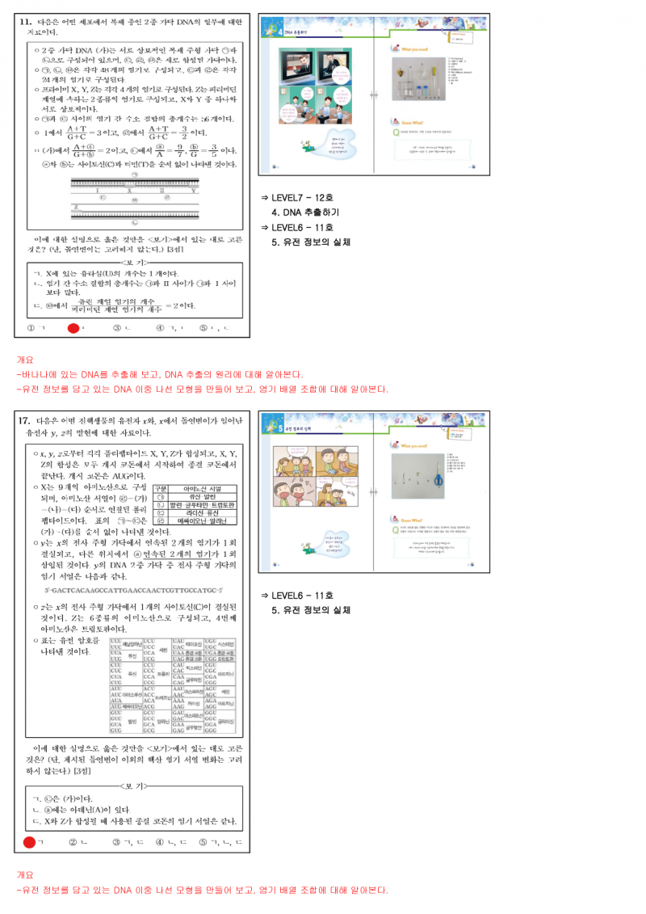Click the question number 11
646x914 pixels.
(25, 22)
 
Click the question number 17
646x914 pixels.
(25, 420)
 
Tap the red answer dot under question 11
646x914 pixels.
(73, 327)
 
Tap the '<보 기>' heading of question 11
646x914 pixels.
(133, 263)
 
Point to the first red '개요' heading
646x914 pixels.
(25, 359)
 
